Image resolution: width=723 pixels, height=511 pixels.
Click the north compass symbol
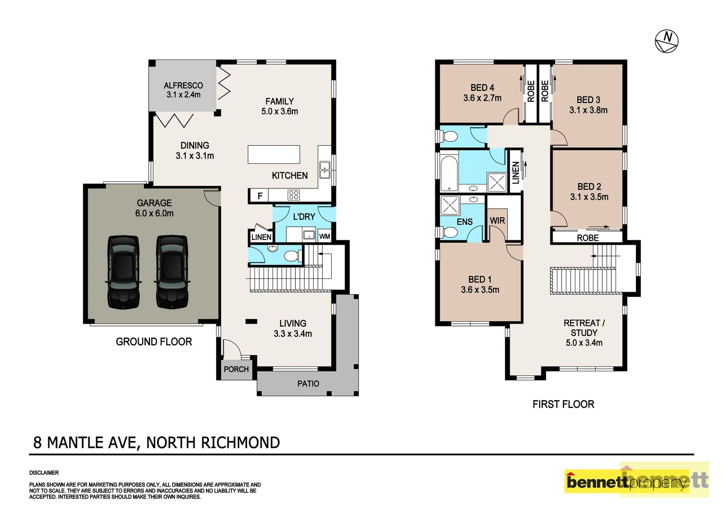point(666,41)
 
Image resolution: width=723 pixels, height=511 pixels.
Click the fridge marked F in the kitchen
point(259,195)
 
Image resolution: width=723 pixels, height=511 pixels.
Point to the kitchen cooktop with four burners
point(293,195)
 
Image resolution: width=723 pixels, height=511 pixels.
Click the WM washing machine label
point(325,237)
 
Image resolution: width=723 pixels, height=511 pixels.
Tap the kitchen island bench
point(274,154)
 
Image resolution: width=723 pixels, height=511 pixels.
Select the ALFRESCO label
point(183,86)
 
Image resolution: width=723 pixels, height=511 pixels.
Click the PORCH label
point(236,369)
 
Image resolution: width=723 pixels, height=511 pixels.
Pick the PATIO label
point(308,384)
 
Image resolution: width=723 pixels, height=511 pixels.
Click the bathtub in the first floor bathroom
point(449,172)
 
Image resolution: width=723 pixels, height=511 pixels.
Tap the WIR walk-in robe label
point(497,220)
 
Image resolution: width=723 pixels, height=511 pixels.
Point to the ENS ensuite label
point(464,221)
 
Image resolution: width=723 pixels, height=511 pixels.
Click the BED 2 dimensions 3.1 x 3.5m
point(589,197)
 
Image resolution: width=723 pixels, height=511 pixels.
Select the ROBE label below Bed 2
point(588,238)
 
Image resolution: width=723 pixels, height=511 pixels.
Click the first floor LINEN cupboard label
point(516,172)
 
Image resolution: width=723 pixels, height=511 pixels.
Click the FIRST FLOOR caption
point(563,404)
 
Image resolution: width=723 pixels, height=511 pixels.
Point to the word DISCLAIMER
point(44,473)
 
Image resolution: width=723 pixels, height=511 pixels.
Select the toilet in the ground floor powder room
point(291,256)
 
